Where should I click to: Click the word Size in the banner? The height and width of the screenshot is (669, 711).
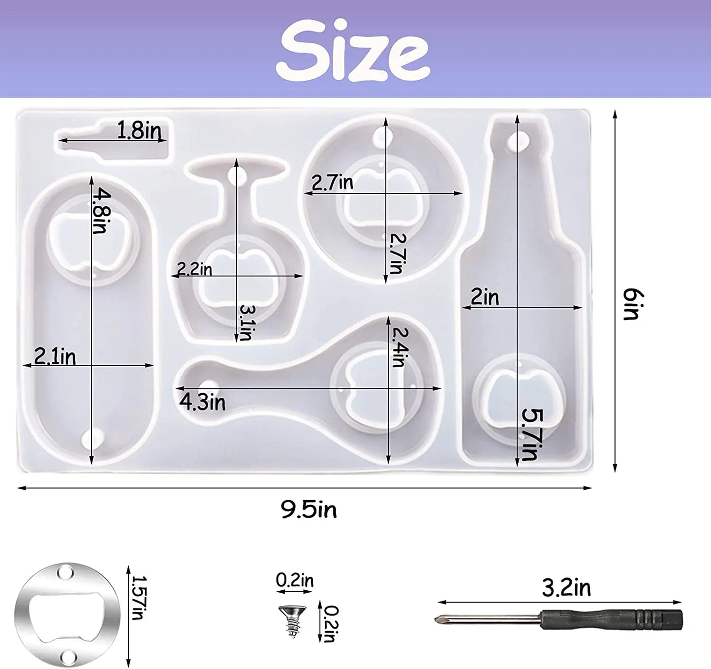coord(353,50)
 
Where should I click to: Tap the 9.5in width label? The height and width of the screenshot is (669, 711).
coord(309,510)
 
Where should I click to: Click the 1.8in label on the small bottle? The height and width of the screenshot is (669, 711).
coord(140,130)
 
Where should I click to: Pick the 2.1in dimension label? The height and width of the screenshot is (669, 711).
coord(55,356)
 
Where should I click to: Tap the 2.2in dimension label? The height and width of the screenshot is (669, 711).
coord(194,269)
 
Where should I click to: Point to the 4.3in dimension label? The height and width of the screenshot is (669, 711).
coord(202,402)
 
